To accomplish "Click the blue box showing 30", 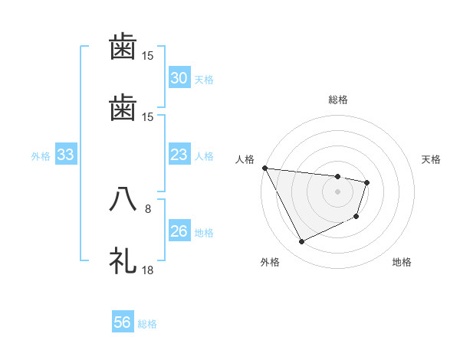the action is tap(179, 78).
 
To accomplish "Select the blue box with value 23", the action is tap(179, 155).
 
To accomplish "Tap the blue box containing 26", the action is tap(179, 231).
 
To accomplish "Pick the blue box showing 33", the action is tap(66, 155).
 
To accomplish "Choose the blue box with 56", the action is tap(123, 322).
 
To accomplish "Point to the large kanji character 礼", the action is tap(123, 260).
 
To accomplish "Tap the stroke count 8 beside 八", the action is tap(148, 208).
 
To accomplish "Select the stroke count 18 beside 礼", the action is tap(148, 270).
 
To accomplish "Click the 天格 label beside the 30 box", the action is tap(204, 79).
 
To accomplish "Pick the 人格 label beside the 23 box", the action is tap(204, 156).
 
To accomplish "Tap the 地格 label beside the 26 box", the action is tap(204, 232).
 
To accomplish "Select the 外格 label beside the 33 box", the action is tap(41, 156).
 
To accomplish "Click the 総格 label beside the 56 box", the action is tap(147, 323).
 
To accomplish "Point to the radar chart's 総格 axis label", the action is tap(338, 100).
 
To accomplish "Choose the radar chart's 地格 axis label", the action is tap(402, 262).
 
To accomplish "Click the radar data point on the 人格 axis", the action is tap(264, 168).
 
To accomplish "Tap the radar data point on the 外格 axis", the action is tap(302, 242).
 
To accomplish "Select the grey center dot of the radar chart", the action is tap(338, 191).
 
